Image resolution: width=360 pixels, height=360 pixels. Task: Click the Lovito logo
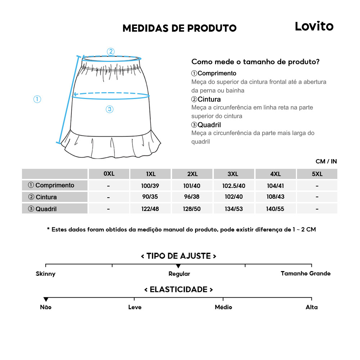pyautogui.click(x=314, y=26)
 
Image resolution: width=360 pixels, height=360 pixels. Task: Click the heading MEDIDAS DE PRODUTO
pyautogui.click(x=179, y=28)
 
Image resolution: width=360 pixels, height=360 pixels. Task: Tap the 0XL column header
pyautogui.click(x=109, y=174)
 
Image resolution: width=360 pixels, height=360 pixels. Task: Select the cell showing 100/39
pyautogui.click(x=151, y=185)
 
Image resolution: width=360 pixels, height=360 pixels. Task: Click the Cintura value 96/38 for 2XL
pyautogui.click(x=192, y=197)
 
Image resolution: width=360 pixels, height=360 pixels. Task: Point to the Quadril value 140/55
pyautogui.click(x=276, y=209)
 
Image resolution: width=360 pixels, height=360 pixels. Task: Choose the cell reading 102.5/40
pyautogui.click(x=234, y=185)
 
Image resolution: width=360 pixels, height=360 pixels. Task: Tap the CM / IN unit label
pyautogui.click(x=326, y=161)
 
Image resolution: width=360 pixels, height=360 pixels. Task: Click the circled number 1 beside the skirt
pyautogui.click(x=37, y=99)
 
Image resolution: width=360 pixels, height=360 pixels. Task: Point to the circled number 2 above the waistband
pyautogui.click(x=111, y=51)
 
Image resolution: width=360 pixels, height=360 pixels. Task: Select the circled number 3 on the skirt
pyautogui.click(x=110, y=109)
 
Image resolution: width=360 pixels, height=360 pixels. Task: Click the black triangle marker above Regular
pyautogui.click(x=178, y=266)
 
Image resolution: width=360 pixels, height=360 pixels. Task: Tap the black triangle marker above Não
pyautogui.click(x=46, y=300)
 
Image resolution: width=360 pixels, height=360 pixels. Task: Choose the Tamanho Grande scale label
pyautogui.click(x=305, y=274)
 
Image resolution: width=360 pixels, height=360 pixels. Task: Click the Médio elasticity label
pyautogui.click(x=223, y=307)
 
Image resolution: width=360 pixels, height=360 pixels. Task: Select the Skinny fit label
pyautogui.click(x=46, y=274)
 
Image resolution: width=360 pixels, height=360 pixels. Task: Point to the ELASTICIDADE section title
pyautogui.click(x=179, y=290)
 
